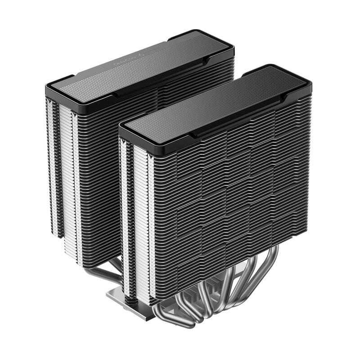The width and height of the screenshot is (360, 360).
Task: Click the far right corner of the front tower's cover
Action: pos(310,83)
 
